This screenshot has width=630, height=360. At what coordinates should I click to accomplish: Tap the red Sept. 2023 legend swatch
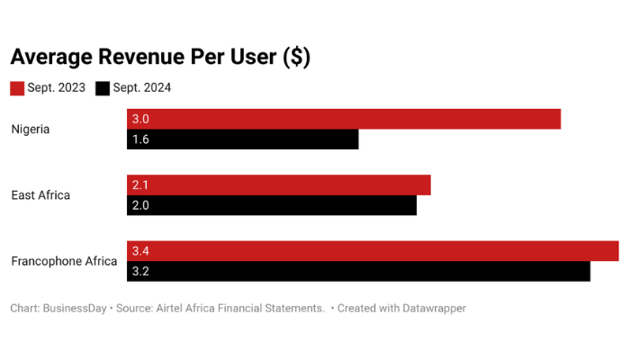tap(17, 88)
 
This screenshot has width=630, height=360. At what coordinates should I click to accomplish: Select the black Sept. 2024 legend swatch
tap(103, 88)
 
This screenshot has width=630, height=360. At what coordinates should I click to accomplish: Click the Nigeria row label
tap(31, 129)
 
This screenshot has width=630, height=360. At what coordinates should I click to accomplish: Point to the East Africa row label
tap(40, 195)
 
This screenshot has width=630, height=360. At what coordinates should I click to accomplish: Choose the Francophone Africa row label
tap(64, 261)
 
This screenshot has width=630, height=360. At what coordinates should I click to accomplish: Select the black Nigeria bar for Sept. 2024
tap(243, 139)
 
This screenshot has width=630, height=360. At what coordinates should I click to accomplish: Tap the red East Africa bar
tap(279, 184)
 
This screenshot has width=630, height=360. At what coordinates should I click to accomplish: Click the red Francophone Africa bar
tap(373, 251)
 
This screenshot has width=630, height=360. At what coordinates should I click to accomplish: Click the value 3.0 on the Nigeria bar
tap(140, 119)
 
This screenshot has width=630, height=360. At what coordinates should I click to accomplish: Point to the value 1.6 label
tap(140, 139)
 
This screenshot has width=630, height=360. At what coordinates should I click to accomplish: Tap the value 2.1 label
tap(140, 184)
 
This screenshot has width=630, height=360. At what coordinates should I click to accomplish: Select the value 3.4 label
tap(140, 251)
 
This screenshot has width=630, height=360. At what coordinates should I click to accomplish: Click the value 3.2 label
tap(140, 271)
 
